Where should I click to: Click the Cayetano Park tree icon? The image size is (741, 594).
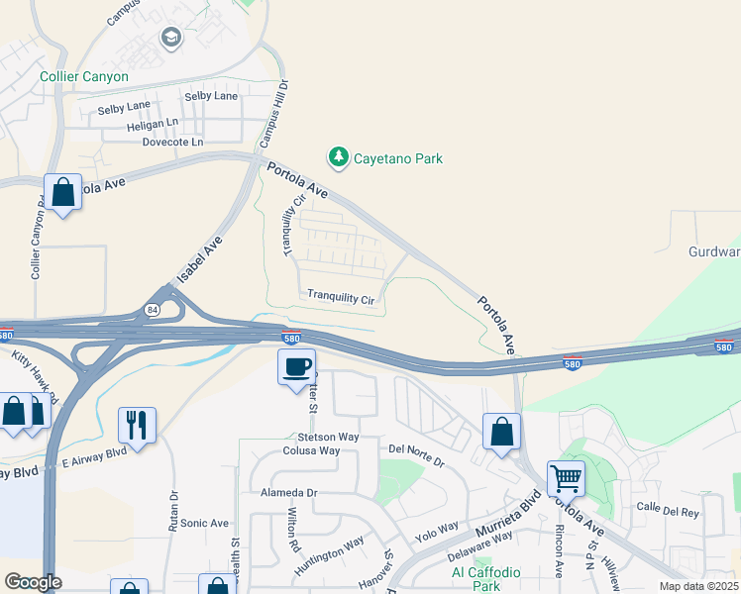coord(339,157)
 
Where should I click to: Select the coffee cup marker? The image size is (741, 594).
coord(296,368)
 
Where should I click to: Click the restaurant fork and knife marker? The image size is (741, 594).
coord(136,426)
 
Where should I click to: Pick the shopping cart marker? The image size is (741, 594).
coord(566,479)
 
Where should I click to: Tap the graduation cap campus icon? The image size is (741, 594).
coord(170,40)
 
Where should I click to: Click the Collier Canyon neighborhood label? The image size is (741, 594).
coord(84,76)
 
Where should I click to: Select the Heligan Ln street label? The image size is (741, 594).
coord(152,126)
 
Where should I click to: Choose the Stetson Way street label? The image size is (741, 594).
coord(327,436)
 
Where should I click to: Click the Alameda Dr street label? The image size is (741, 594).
coord(288,492)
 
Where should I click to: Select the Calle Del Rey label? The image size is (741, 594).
coord(668,512)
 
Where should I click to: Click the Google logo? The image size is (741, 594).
coord(33,582)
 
